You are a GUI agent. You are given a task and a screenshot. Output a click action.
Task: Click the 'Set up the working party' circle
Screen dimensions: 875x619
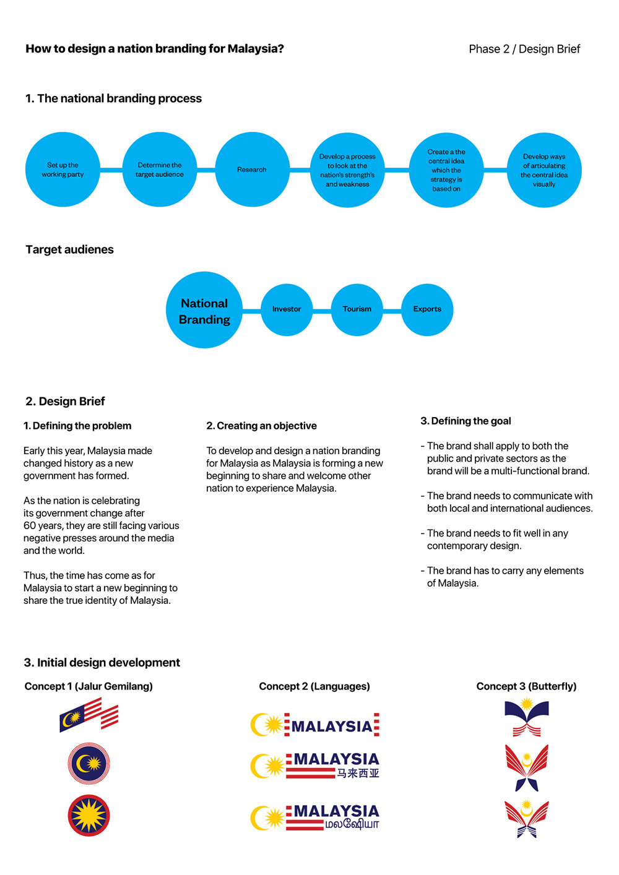click(63, 170)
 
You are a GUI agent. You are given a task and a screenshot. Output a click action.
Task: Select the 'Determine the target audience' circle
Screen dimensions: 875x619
click(160, 170)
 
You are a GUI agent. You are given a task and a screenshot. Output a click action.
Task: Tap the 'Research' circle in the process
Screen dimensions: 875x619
click(252, 170)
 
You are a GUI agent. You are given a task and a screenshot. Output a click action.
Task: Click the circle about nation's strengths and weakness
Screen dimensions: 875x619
click(347, 170)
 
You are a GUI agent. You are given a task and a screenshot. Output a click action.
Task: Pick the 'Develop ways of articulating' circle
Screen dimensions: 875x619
click(544, 170)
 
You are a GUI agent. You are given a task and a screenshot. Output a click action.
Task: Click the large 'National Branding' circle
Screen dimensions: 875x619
click(204, 311)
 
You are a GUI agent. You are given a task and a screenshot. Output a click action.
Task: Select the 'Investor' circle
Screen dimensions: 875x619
click(287, 309)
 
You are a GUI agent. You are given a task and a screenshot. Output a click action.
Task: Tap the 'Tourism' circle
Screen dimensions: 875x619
click(357, 309)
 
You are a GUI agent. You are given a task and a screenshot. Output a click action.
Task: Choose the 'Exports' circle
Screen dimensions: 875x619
click(427, 309)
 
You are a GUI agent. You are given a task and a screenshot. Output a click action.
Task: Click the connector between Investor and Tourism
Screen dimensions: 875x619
click(322, 311)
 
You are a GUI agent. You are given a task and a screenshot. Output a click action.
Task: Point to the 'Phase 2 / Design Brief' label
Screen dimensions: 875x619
click(524, 50)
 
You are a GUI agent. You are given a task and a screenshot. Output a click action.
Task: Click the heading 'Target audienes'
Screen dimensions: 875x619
click(70, 250)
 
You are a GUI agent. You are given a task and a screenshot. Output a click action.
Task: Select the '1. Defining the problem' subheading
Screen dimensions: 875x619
click(77, 426)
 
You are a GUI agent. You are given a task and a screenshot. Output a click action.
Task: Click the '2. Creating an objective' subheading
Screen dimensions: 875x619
click(261, 426)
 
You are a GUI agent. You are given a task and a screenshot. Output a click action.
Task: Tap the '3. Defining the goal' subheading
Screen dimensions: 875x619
click(465, 421)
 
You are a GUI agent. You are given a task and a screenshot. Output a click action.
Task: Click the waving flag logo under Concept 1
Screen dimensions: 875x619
click(89, 715)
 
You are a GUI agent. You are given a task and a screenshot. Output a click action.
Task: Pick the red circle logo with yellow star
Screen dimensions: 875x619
click(89, 816)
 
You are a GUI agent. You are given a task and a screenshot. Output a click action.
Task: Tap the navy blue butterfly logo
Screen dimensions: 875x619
click(527, 717)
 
